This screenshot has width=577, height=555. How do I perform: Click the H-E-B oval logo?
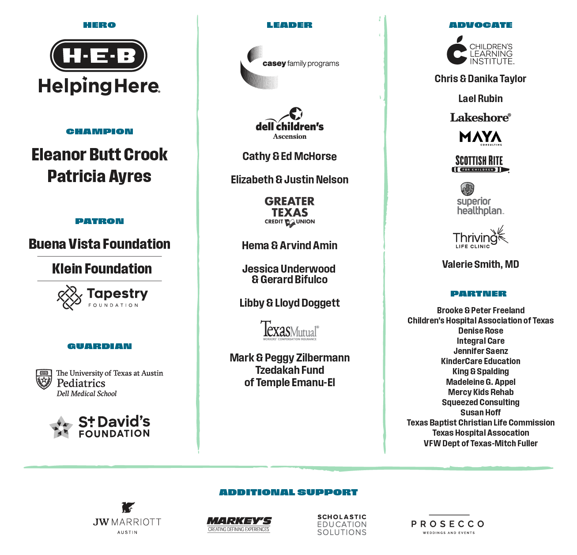coord(99,56)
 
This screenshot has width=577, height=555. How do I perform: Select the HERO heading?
coord(99,25)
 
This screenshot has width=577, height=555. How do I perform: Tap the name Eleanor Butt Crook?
coord(99,155)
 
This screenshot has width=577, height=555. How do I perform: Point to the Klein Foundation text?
coord(102,269)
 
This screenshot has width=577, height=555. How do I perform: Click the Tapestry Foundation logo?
coord(102,297)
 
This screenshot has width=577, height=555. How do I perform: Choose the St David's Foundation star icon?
coord(61,427)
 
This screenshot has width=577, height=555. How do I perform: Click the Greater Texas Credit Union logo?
coord(290,212)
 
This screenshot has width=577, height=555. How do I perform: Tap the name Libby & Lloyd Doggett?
coord(290,303)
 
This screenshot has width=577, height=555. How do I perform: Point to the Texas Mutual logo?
coord(290,330)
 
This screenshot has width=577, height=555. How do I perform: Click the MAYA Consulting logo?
coord(480,138)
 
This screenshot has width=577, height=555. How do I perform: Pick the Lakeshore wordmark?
coord(480,118)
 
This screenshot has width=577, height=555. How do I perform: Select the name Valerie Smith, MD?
coord(480,265)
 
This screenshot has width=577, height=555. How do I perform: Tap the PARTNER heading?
coord(479,294)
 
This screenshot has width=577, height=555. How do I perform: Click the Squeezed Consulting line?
coord(480,403)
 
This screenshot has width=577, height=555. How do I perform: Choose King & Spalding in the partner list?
coord(480,372)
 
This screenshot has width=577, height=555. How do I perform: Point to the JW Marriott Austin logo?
coord(127,519)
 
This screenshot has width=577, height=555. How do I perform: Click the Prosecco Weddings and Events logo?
coord(448,525)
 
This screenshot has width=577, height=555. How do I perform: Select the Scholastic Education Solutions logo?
coord(342,525)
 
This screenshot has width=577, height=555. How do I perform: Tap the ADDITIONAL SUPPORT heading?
coord(288,492)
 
